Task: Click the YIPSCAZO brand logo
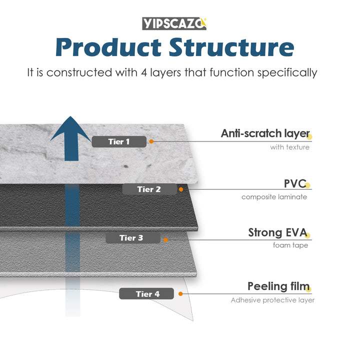[x=174, y=23]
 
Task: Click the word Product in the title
[x=108, y=47]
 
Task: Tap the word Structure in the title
[x=231, y=47]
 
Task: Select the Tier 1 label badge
[x=119, y=141]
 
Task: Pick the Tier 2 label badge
[x=149, y=189]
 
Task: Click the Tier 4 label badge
[x=146, y=294]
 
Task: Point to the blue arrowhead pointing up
[x=70, y=131]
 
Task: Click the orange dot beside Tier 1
[x=151, y=141]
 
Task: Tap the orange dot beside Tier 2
[x=181, y=189]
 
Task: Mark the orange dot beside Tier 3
[x=165, y=239]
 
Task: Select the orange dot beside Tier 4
[x=179, y=294]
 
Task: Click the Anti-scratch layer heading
[x=265, y=133]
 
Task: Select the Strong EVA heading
[x=277, y=232]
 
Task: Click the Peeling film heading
[x=278, y=286]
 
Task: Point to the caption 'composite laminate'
[x=274, y=197]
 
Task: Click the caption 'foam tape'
[x=290, y=245]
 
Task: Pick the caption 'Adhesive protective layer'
[x=272, y=300]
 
